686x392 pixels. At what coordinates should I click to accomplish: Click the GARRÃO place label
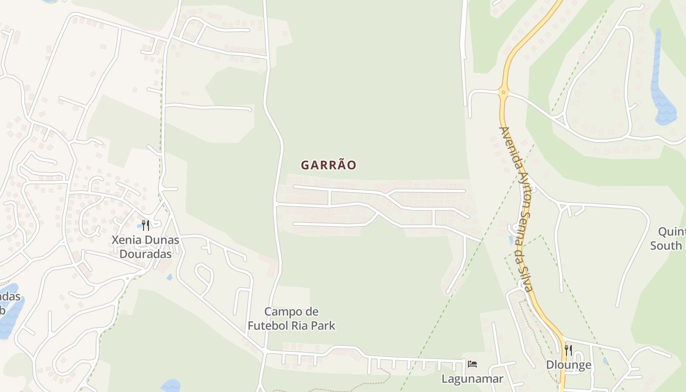(328, 165)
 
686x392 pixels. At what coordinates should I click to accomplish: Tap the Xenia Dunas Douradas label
(146, 247)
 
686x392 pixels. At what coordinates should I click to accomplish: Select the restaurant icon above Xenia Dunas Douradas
(146, 225)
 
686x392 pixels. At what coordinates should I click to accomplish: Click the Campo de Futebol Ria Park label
(291, 318)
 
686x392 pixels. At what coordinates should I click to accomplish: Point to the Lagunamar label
(472, 379)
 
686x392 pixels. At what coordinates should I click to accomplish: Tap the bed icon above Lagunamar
(472, 364)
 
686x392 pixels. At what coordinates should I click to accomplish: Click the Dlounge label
(568, 365)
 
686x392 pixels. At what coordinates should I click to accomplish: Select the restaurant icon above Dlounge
(568, 350)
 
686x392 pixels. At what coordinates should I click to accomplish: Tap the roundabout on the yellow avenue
(503, 91)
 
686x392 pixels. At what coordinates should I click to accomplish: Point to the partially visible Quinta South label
(669, 239)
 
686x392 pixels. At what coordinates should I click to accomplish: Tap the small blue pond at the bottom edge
(170, 386)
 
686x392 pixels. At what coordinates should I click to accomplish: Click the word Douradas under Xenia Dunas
(146, 254)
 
